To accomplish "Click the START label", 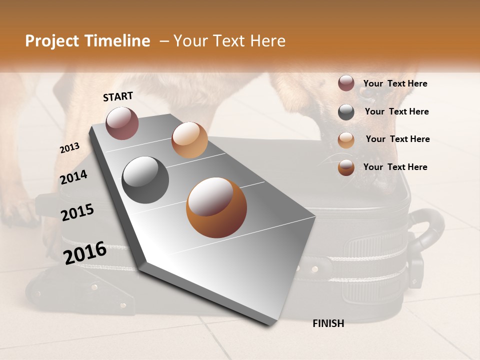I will [x=118, y=96].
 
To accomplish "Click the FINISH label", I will [x=328, y=323].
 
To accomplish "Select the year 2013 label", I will [x=69, y=148].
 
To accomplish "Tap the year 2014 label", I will [x=73, y=177].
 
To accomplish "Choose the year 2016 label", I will [x=85, y=253].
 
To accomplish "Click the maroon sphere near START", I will [x=122, y=123].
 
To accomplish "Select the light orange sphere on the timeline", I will [x=189, y=140].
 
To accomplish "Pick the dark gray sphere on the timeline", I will [x=145, y=179].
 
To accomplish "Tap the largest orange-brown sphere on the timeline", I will [x=216, y=207].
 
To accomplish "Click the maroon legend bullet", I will [x=346, y=83].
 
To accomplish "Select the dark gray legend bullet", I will [x=346, y=112].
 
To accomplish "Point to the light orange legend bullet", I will [x=346, y=140].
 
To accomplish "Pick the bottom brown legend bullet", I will [x=346, y=167].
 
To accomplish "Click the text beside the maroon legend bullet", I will [x=395, y=83].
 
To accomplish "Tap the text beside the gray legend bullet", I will [x=396, y=111].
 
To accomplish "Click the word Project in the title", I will [x=52, y=41].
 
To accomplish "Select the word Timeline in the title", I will [x=119, y=41].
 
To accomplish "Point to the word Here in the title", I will [x=267, y=41].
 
